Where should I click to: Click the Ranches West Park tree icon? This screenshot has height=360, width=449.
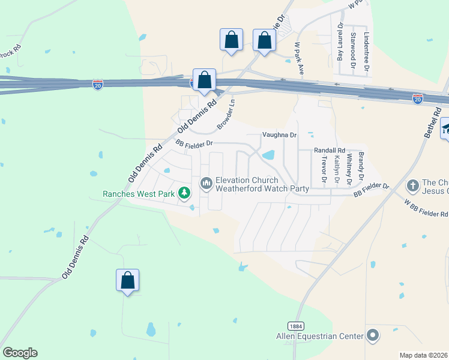pyautogui.click(x=185, y=193)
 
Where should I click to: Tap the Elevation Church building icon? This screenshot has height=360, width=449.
pyautogui.click(x=206, y=182)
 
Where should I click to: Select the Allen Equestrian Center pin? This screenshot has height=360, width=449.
pyautogui.click(x=373, y=335)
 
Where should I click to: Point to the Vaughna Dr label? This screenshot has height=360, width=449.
pyautogui.click(x=280, y=136)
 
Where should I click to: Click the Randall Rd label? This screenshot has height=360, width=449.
pyautogui.click(x=330, y=151)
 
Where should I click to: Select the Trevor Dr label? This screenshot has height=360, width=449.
pyautogui.click(x=324, y=170)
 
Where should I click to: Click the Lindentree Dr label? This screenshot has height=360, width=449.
pyautogui.click(x=366, y=52)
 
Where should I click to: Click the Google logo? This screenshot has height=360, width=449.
pyautogui.click(x=20, y=353)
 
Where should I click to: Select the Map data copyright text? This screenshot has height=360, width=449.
pyautogui.click(x=423, y=355)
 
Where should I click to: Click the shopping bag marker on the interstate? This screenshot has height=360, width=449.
pyautogui.click(x=204, y=80)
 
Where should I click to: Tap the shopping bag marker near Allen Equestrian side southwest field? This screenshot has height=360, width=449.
pyautogui.click(x=127, y=280)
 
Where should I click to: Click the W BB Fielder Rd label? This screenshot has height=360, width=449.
pyautogui.click(x=426, y=208)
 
